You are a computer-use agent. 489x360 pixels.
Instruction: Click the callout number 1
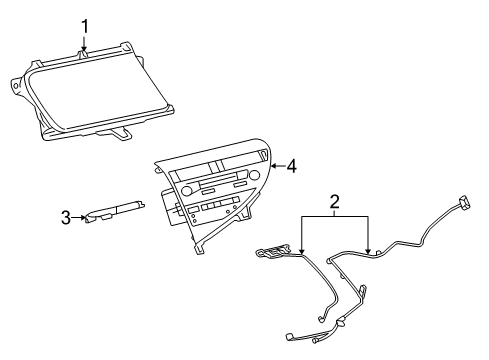[86, 25]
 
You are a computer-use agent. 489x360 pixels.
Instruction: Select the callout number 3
[65, 217]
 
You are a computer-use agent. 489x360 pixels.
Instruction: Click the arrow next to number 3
[80, 217]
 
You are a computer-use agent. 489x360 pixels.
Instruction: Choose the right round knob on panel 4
[254, 176]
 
